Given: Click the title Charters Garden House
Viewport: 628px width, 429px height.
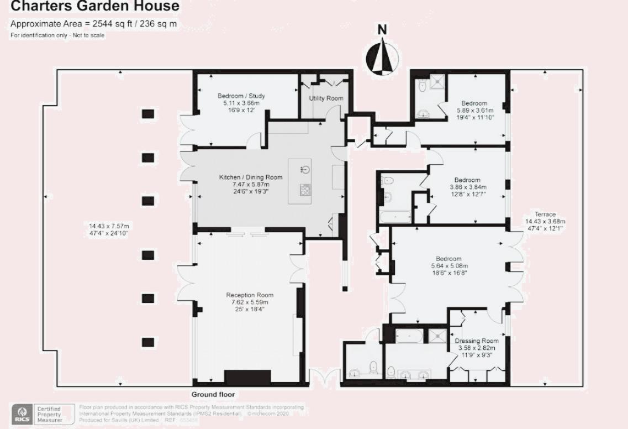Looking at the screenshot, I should click(95, 7).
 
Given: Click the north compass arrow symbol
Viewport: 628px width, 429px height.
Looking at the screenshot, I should click(381, 55).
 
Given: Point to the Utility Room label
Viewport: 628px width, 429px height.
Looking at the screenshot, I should click(326, 98).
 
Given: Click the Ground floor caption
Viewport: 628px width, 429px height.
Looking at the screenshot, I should click(213, 395).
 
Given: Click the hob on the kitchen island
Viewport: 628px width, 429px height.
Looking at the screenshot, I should click(305, 189).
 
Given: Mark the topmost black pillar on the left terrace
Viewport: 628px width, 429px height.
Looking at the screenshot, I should click(147, 114).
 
